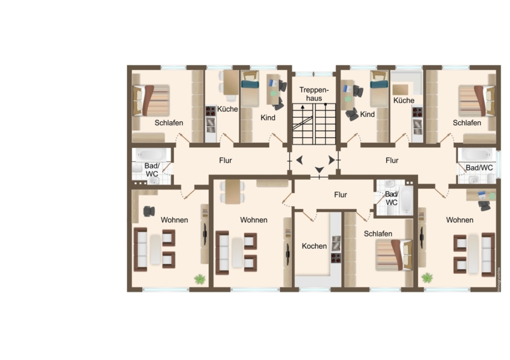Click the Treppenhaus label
(314, 94)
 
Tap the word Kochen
(314, 246)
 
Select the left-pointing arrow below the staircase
(300, 160)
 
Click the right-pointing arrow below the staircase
(331, 160)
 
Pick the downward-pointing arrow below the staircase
(319, 170)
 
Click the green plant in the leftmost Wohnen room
(199, 279)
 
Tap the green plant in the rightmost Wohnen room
(427, 278)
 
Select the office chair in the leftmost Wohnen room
(149, 211)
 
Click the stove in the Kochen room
(336, 258)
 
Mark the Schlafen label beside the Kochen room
(378, 234)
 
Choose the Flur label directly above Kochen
(341, 194)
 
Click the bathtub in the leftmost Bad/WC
(152, 155)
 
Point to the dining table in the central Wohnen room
(232, 192)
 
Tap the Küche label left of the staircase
(228, 109)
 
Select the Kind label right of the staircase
(368, 115)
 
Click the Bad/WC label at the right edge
(479, 168)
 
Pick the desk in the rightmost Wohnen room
(481, 195)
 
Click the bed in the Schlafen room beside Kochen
(394, 255)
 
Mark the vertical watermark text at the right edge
(499, 279)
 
